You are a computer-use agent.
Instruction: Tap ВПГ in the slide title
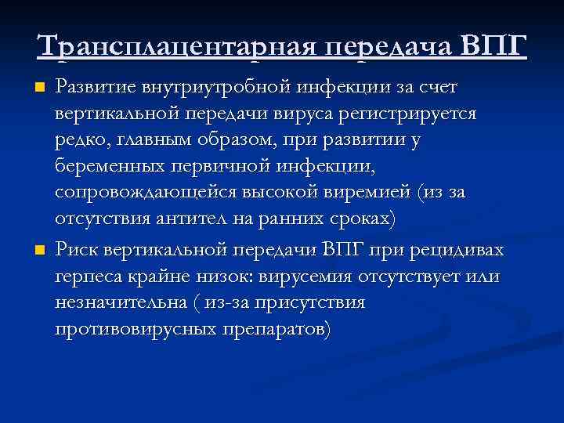494,46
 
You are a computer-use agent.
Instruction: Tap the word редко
78,141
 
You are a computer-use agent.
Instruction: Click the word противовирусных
137,331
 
